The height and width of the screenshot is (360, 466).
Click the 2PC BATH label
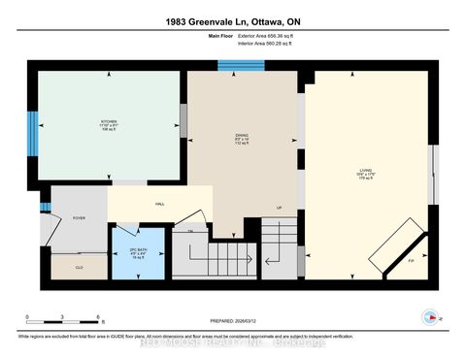coord(124,242)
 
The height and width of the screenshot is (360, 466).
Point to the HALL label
coord(159,204)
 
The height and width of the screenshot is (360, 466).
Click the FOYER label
coord(79,218)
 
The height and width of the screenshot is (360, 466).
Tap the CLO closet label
coord(79,267)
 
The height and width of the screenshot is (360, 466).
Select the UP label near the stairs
coord(280,208)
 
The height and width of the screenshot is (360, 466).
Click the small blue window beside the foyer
coord(45,207)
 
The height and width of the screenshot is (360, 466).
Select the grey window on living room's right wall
coord(434,175)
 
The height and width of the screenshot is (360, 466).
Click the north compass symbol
coord(428,316)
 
